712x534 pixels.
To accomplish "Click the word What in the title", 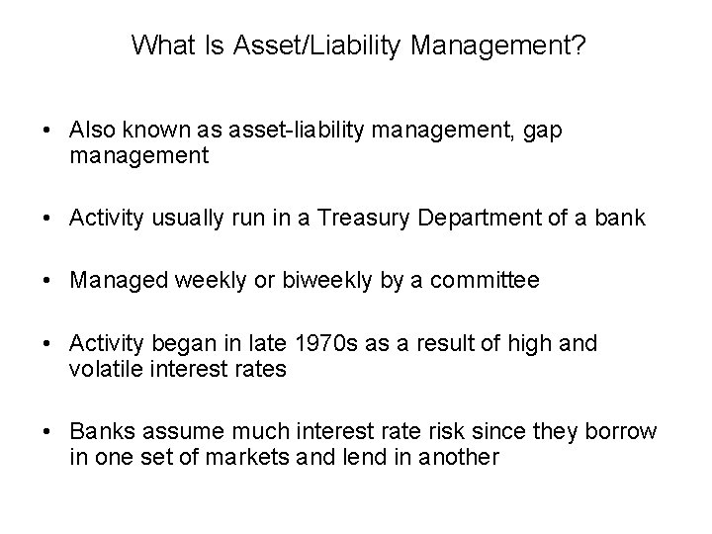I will click(x=159, y=44).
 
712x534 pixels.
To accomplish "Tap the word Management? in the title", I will click(x=480, y=44).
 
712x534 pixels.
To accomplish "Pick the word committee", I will click(x=490, y=281).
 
